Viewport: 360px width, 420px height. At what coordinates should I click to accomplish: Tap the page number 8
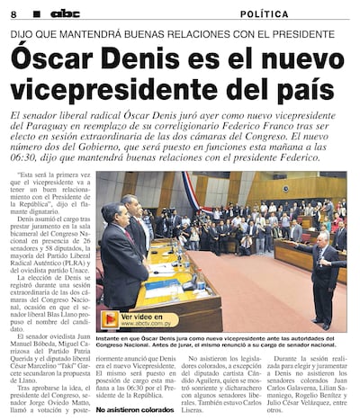[13, 14]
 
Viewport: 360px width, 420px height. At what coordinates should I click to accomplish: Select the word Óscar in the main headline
[55, 60]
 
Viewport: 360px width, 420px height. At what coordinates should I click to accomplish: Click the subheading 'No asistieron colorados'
[133, 410]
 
